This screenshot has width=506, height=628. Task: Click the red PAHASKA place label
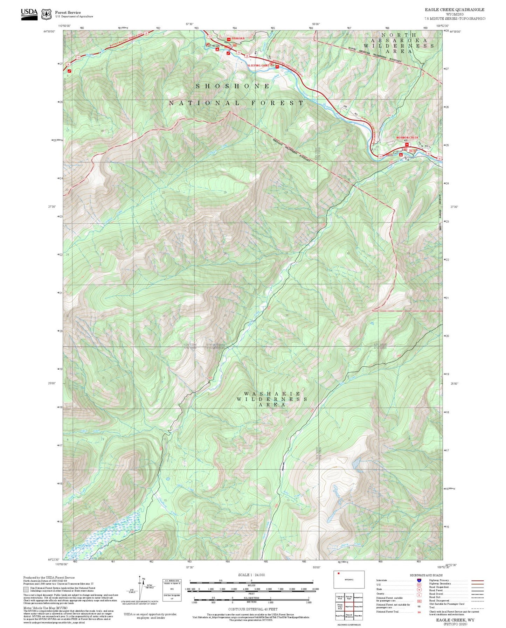coord(238,39)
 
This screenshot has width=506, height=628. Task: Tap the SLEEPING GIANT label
coord(258,65)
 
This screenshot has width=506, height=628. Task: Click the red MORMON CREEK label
coord(407,138)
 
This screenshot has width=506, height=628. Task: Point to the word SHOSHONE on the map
coord(233,86)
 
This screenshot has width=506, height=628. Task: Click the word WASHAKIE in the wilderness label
coord(272,394)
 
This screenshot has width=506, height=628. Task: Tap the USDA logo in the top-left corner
coord(29,14)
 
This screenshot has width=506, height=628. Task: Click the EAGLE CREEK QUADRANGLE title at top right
coord(455,10)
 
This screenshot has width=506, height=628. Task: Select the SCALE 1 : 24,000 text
coord(251,574)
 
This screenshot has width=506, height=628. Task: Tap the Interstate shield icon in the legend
coord(419,580)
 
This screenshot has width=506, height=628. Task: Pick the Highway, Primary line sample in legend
coord(478,580)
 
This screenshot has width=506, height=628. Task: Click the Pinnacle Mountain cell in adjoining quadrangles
coord(349,615)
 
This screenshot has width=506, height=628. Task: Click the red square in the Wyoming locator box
coord(339,573)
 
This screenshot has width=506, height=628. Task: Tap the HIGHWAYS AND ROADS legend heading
coord(426,575)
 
